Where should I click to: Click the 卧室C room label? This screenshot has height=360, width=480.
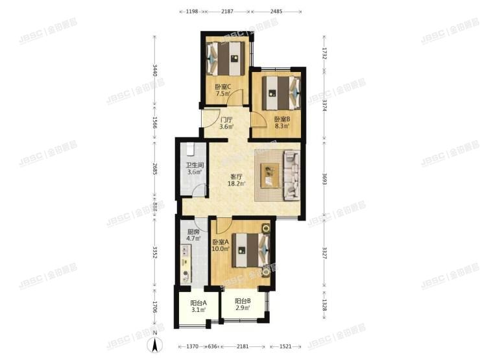223,88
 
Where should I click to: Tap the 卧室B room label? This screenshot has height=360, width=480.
282,119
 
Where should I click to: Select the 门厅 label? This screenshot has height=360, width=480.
226,119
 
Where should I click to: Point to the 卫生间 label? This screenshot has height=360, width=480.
196,165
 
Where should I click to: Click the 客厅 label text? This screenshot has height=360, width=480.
237,176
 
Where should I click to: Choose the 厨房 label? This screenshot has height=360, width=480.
193,232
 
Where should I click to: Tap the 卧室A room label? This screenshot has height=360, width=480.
221,242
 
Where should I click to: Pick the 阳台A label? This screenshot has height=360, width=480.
198,303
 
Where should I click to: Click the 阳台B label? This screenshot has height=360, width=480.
243,302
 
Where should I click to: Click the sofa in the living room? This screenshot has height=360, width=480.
289,173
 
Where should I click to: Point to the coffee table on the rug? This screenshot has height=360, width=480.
269,173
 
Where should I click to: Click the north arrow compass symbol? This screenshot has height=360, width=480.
155,346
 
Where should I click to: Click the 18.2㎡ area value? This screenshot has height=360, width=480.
237,184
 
